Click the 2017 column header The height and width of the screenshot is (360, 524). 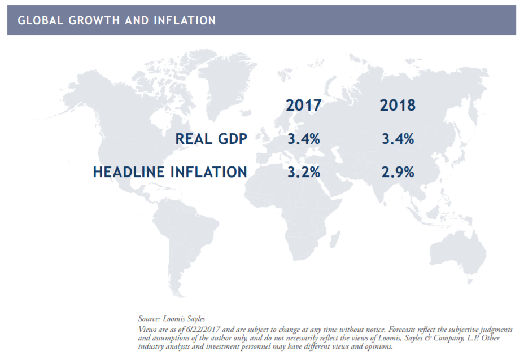pos(304,106)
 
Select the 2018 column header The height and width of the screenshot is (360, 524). pos(398,106)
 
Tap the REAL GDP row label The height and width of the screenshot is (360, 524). pos(211,139)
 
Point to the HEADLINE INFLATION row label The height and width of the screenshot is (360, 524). pos(170,172)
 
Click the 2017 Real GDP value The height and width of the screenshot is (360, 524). pos(304,139)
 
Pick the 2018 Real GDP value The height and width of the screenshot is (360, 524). pos(398,139)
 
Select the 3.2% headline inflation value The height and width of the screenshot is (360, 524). pos(304,172)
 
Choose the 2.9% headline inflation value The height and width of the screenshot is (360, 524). pos(398,172)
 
